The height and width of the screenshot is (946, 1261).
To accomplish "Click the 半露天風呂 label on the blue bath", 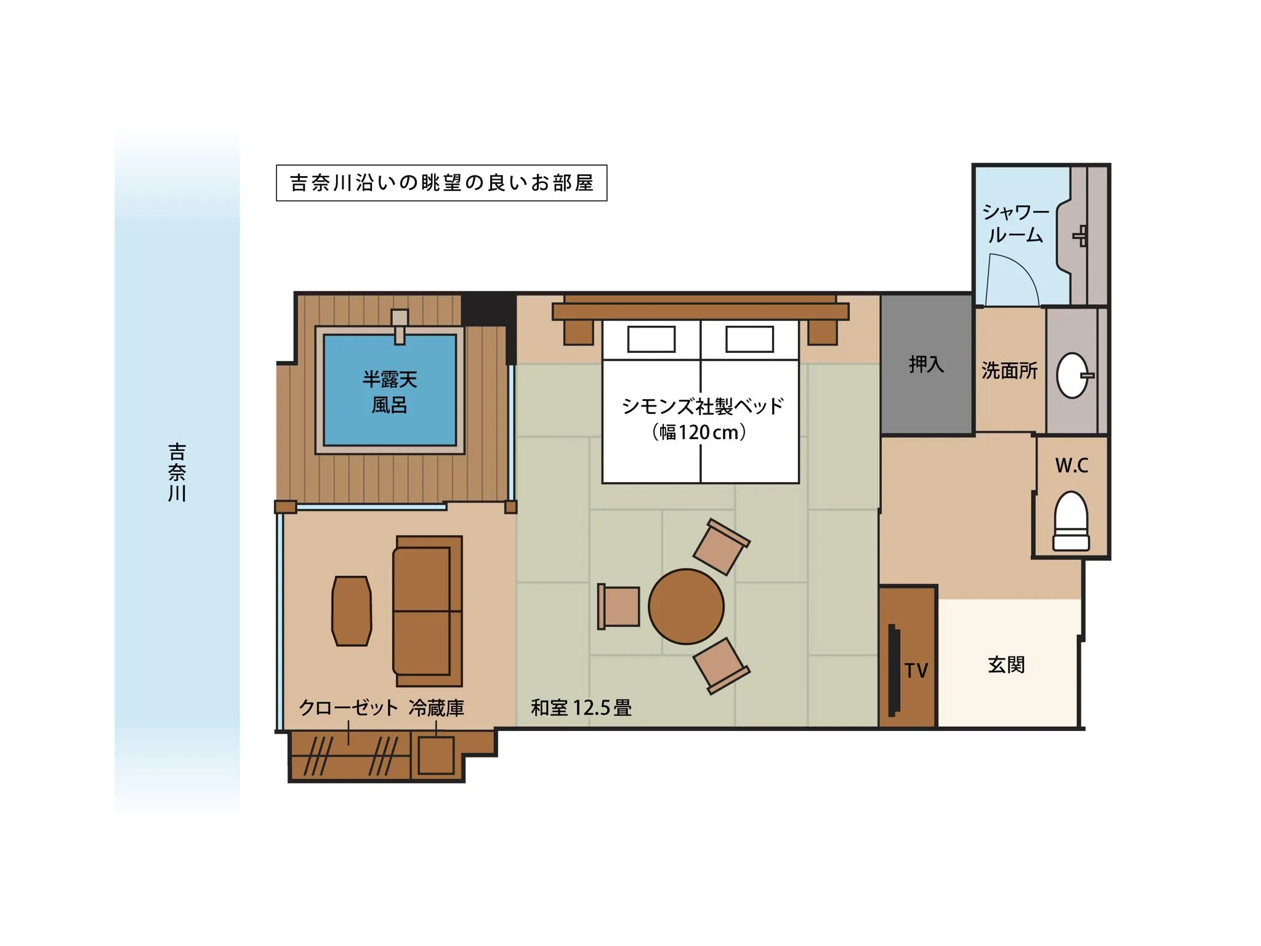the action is pos(390,392).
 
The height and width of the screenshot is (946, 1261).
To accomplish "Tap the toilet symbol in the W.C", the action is pos(1071,520).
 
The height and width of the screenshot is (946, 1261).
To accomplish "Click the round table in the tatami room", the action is pos(686,606).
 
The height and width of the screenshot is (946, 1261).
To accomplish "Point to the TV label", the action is pos(916,671).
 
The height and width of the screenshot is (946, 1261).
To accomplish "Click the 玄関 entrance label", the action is pos(1006,665).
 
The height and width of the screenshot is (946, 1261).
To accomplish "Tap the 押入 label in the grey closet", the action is pos(926,365).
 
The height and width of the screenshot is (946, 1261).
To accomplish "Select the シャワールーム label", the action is pos(1015,224).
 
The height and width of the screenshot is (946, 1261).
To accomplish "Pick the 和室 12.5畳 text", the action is pos(581,708).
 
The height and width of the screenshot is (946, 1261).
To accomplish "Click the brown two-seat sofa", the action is pos(428,611).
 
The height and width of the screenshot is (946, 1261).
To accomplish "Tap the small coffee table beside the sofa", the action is pos(352,611).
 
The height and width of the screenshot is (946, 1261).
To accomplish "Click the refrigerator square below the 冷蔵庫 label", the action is pos(436,755).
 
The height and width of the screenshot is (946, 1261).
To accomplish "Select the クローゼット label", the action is pos(348,708).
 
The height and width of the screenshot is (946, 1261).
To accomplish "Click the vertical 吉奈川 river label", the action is pos(177,472).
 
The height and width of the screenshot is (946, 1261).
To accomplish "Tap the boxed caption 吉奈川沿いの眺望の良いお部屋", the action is pos(441,183).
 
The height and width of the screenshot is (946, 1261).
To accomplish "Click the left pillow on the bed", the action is pos(651,339).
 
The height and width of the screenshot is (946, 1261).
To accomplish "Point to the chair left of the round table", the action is pos(619,607).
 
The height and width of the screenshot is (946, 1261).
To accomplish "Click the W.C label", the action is pos(1071,466).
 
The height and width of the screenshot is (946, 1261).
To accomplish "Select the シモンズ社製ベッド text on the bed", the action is pos(703,406).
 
